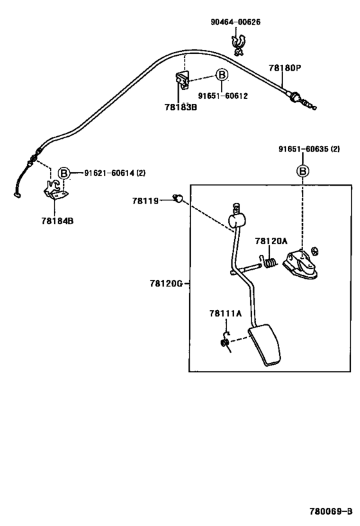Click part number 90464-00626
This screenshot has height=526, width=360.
pos(235,22)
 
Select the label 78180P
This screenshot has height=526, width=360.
pos(285,68)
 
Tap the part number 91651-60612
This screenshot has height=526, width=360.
pos(222,96)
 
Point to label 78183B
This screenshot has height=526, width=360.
pos(181,107)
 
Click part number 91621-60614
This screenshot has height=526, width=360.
pos(109,173)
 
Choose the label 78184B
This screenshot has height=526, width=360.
pos(57,221)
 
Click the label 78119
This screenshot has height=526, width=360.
pos(145,201)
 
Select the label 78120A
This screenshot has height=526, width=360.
pos(271,241)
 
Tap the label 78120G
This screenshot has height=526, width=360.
pos(166,284)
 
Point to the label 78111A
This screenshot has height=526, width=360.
pos(226,313)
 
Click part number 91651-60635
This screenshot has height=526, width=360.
pos(303,149)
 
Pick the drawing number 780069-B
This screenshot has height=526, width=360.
pos(331,511)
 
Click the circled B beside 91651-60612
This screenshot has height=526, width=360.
pos(222,75)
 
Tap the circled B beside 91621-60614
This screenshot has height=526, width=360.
pos(64,173)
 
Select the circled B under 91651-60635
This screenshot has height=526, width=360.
pos(303,171)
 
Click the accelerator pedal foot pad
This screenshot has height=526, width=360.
pos(265,345)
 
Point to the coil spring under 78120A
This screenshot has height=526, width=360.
pos(269,262)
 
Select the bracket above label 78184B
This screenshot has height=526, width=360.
pos(55,191)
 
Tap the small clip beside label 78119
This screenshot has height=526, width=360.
pos(178,198)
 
